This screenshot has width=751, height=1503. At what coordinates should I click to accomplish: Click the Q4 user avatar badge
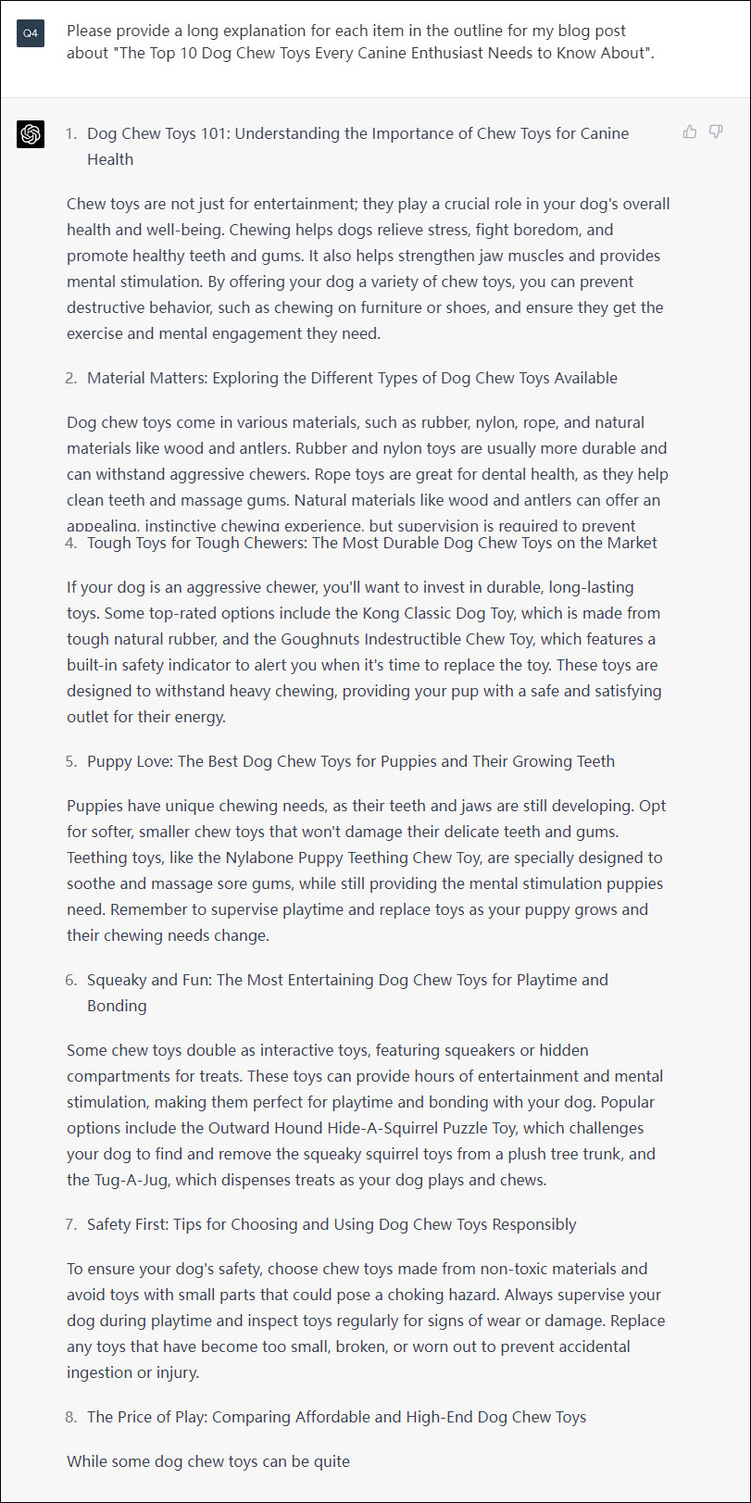click(31, 33)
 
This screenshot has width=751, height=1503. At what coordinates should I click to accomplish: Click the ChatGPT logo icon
click(31, 134)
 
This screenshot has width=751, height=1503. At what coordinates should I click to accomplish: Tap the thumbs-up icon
click(690, 132)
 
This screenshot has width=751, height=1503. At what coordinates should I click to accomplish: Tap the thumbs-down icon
click(716, 132)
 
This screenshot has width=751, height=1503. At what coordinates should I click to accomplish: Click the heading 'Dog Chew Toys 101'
click(157, 133)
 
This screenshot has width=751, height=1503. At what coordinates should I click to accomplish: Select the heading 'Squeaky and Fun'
click(147, 980)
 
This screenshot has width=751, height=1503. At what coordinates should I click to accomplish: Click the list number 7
click(71, 1224)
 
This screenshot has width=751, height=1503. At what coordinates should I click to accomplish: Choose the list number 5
click(71, 761)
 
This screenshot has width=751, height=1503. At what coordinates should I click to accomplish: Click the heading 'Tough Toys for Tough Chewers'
click(195, 543)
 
